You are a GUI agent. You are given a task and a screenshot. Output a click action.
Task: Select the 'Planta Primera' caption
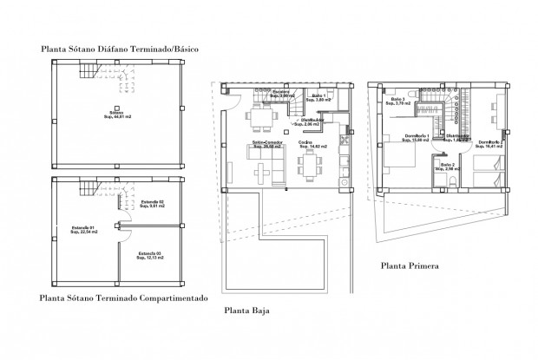point(410,265)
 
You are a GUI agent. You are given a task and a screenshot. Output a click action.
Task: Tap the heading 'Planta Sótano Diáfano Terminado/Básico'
point(121,50)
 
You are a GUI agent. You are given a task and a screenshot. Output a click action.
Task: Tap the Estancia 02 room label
point(152,204)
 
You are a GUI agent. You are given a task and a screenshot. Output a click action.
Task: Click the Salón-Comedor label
point(266,145)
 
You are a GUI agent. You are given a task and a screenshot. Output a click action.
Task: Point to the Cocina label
point(305,145)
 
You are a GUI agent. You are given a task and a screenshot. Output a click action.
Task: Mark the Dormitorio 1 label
point(418,139)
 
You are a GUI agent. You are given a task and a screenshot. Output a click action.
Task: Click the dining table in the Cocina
point(308,164)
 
